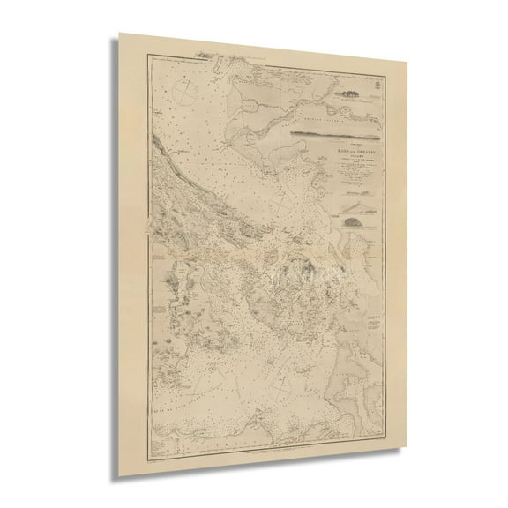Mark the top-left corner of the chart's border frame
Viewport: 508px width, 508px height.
[138, 51]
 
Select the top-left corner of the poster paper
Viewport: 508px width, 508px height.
[120, 35]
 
